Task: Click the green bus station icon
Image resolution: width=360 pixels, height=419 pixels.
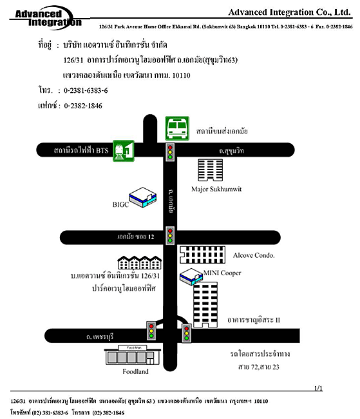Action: [x=177, y=128]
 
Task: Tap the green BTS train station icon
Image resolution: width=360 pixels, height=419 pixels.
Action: [x=124, y=151]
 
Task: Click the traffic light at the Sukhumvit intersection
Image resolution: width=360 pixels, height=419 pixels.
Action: [x=170, y=152]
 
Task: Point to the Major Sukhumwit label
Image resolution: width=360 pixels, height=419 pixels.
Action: [x=216, y=189]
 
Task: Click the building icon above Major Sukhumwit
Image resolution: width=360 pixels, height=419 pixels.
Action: [x=210, y=170]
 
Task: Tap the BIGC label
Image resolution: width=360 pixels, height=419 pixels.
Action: [x=120, y=204]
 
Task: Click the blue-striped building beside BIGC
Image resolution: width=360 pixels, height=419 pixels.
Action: [x=142, y=197]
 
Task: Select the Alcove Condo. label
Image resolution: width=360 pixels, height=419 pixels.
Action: [x=254, y=255]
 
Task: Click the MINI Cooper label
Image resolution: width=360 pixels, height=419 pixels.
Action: [x=222, y=273]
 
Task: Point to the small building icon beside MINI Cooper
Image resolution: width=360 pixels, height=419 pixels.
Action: [x=191, y=277]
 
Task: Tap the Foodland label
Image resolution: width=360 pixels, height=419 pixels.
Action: [x=135, y=371]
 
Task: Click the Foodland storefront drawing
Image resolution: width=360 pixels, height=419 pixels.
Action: [x=133, y=355]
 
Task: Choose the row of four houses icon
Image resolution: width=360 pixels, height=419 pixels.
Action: [x=139, y=262]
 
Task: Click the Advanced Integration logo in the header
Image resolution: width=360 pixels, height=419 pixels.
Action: [x=45, y=17]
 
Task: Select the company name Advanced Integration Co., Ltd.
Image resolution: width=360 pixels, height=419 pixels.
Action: [x=289, y=12]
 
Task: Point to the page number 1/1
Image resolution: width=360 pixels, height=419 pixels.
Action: [x=318, y=388]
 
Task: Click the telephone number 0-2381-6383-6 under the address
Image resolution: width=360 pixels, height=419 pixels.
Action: [x=86, y=91]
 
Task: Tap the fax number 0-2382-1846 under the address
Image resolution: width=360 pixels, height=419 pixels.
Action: [x=83, y=106]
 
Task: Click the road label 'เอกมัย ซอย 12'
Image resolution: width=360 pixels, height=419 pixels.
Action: [x=136, y=237]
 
